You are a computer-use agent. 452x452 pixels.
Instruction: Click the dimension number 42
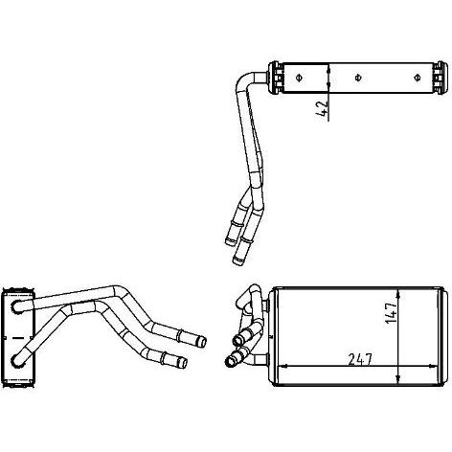(x=323, y=108)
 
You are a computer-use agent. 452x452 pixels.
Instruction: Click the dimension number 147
(x=391, y=312)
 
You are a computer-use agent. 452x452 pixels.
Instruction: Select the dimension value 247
(x=360, y=359)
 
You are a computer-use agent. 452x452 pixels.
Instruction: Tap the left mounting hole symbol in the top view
(x=299, y=78)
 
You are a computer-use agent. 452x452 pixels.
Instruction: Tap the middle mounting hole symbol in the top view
(x=358, y=78)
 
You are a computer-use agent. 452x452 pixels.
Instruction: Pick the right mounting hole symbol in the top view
(x=417, y=78)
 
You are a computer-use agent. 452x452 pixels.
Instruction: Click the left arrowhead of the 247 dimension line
(x=283, y=367)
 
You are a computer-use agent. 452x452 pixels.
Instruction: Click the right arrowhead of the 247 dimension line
(x=432, y=367)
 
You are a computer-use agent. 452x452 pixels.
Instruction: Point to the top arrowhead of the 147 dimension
(x=397, y=294)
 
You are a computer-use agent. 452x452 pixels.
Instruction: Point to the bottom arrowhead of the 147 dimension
(x=397, y=378)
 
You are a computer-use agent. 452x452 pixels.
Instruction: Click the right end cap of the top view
(x=440, y=78)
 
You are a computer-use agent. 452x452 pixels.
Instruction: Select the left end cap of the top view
(x=275, y=78)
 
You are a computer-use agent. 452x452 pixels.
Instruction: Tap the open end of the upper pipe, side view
(x=203, y=342)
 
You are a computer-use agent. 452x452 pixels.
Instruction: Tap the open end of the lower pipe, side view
(x=183, y=363)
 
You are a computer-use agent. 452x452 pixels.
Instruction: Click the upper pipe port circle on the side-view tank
(x=16, y=306)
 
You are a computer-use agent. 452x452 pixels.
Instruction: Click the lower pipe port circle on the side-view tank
(x=16, y=360)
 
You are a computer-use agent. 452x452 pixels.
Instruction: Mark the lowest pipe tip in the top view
(x=237, y=261)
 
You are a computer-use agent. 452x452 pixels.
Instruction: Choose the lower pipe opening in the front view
(x=230, y=362)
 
